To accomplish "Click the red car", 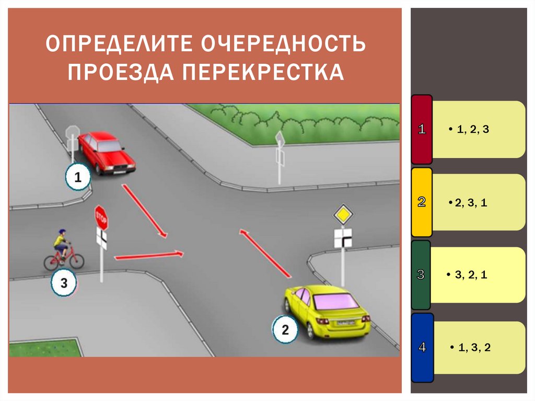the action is coord(107,152).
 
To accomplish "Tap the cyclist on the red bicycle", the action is coord(63,250).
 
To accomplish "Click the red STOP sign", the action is coord(101,217).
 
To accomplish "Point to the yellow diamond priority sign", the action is coord(343,215).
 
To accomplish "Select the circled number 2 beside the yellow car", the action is coord(285,330).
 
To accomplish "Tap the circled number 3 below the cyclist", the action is coord(64,283).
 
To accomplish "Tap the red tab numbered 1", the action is coord(422,130).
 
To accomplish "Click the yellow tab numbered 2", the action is coord(422,202).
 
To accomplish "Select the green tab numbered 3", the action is coord(421,275).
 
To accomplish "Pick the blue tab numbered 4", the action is coord(422,348).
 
